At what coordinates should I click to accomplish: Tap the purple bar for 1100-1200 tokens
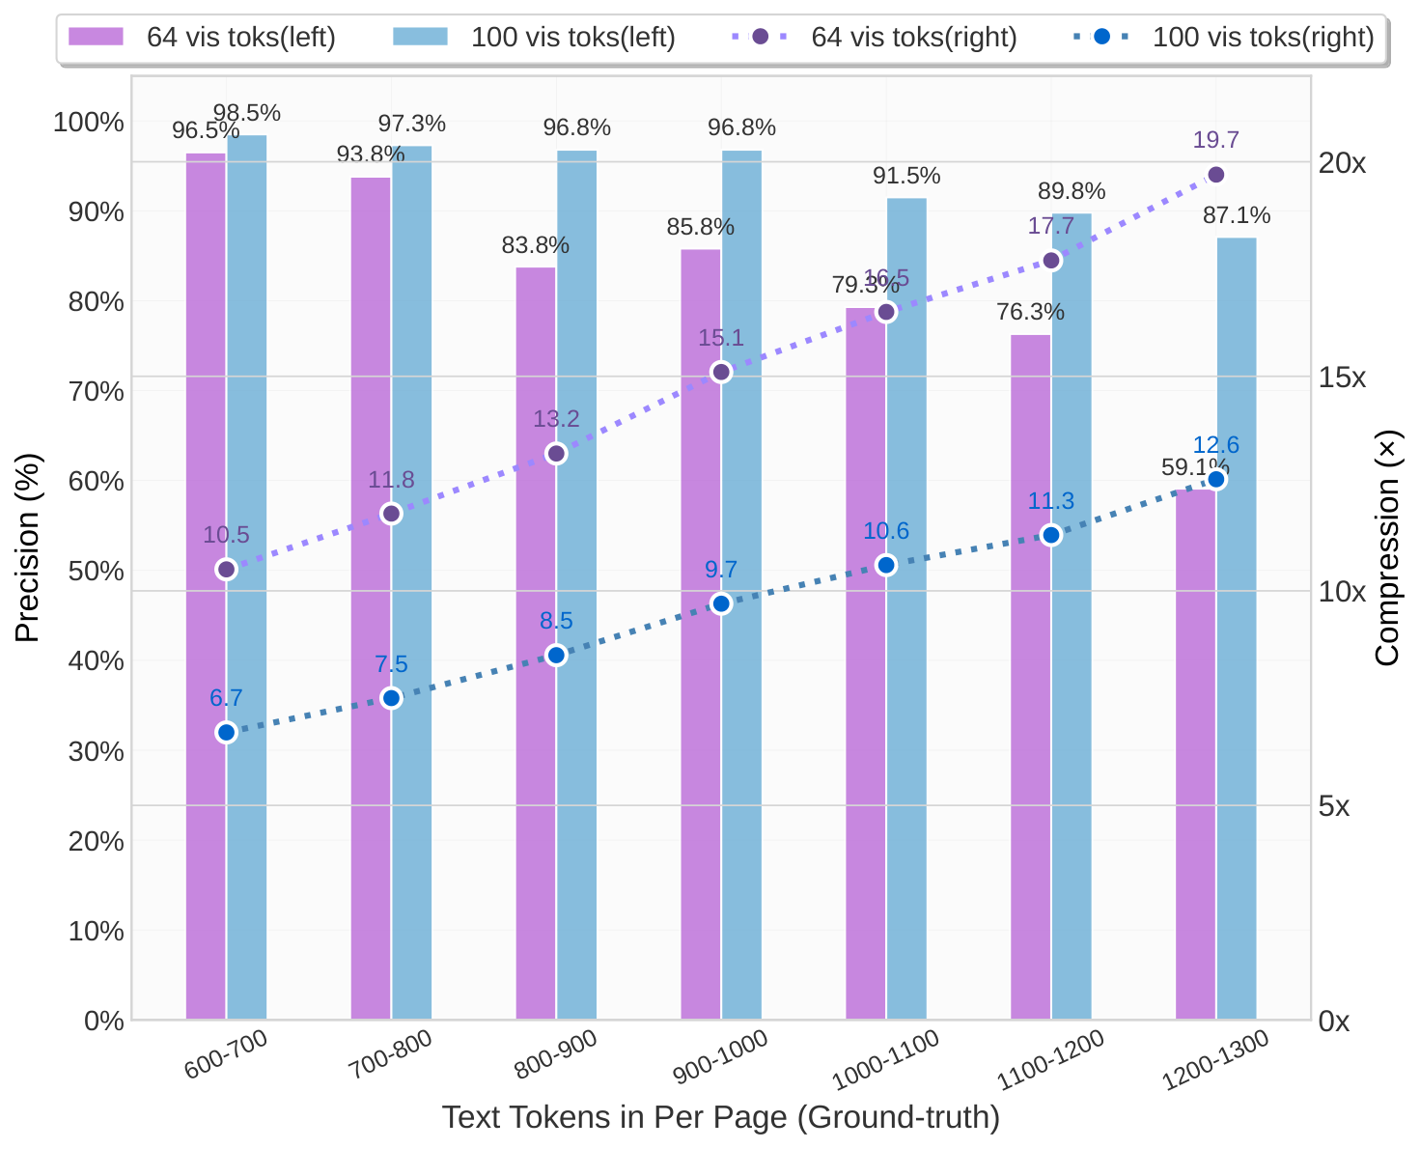coord(1030,676)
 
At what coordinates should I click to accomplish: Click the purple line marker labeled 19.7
coord(1215,175)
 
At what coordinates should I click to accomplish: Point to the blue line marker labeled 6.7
coord(227,732)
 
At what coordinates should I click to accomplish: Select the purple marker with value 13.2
coord(556,454)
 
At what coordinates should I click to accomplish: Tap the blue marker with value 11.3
coord(1051,535)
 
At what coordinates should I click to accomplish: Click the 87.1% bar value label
coord(1237,215)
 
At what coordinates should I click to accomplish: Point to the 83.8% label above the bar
coord(535,245)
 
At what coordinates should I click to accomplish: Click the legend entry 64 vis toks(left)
coord(202,38)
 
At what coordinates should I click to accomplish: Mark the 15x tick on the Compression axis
coord(1342,378)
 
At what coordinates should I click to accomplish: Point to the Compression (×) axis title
coord(1387,547)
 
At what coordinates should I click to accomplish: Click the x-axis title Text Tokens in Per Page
coord(720,1117)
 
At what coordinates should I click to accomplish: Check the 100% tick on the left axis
coord(89,122)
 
